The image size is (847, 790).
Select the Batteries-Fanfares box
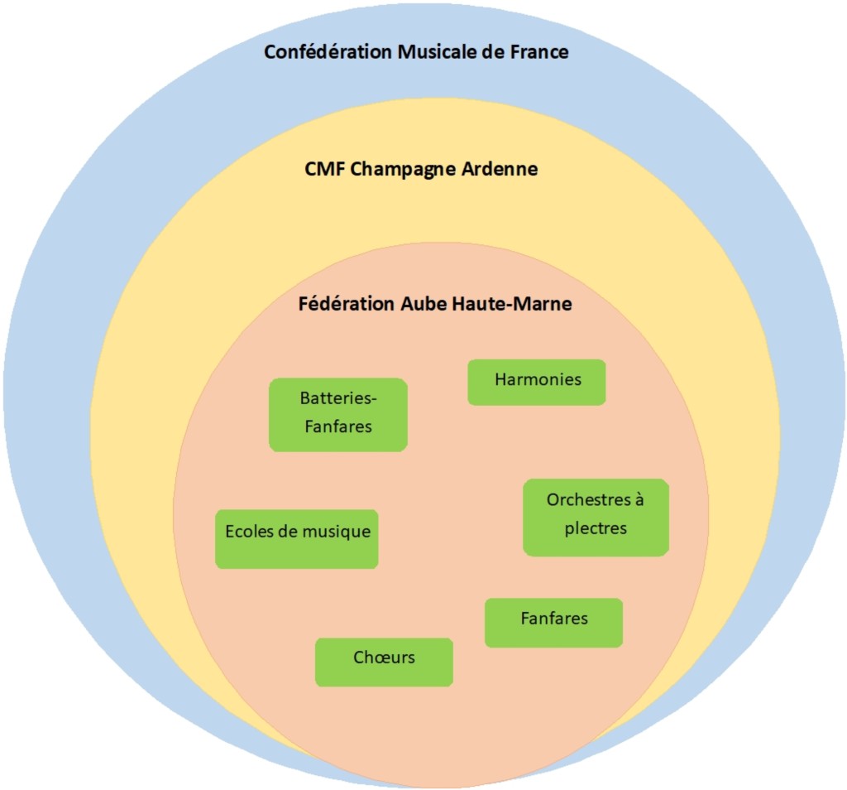point(337,414)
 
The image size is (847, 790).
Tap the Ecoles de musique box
point(296,539)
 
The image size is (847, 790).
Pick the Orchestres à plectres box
point(596,517)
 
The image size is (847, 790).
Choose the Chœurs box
point(384,662)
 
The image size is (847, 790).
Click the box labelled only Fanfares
point(553,622)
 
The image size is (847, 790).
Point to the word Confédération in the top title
point(328,52)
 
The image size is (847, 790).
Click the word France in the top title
point(538,52)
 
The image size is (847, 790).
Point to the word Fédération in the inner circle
point(346,304)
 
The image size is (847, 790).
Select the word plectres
point(596,528)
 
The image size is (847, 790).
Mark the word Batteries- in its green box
point(337,398)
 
